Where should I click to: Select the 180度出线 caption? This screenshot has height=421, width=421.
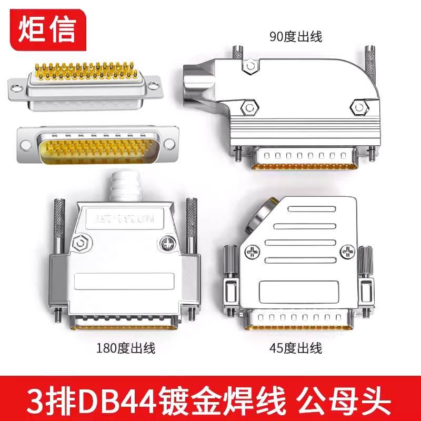pyautogui.click(x=126, y=348)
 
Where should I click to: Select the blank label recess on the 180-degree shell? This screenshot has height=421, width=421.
pyautogui.click(x=125, y=280)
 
